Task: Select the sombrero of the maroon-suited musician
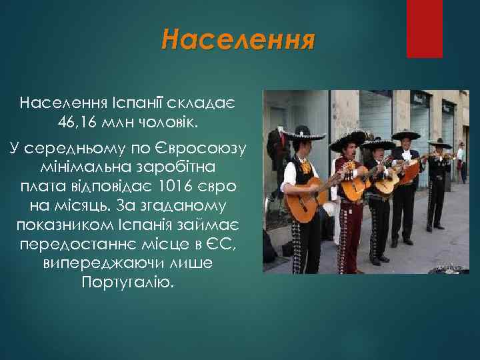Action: [x=347, y=139]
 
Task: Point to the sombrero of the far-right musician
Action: [x=439, y=143]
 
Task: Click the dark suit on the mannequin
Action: [x=275, y=150]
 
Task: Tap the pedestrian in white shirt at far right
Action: [x=460, y=160]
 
